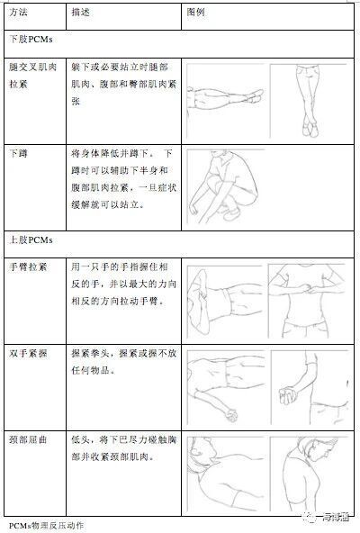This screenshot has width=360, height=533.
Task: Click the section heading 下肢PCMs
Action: [x=30, y=42]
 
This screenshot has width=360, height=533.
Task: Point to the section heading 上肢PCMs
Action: [x=30, y=241]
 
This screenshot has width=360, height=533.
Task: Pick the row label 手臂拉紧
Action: [x=27, y=267]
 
